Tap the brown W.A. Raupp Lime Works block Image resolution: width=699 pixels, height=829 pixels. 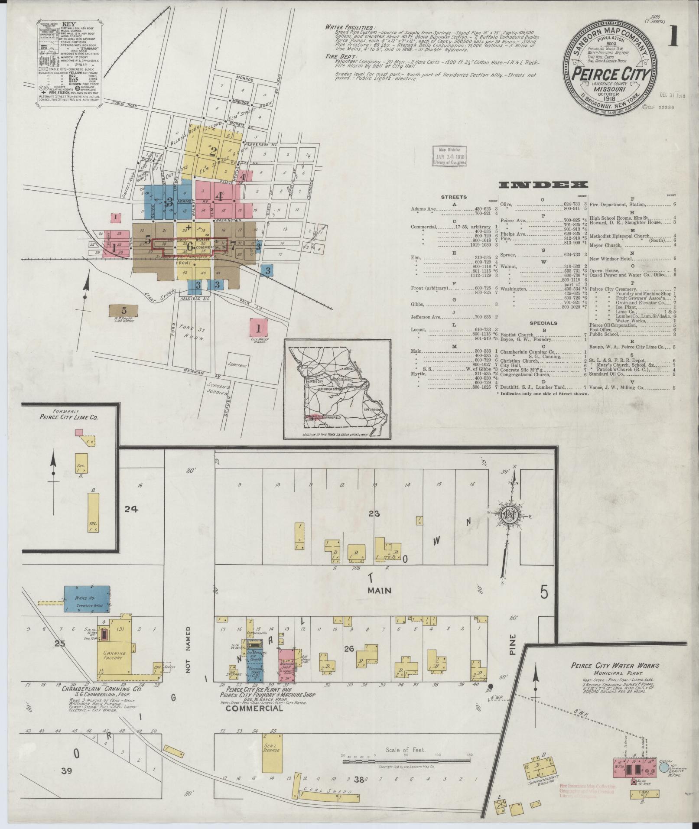124,310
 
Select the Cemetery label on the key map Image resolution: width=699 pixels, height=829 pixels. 237,365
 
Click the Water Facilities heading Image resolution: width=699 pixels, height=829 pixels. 351,27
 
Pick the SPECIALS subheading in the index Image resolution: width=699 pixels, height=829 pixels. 543,323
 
